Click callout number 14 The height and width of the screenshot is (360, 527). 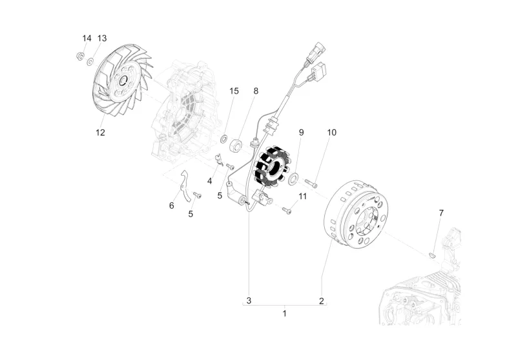[87, 38]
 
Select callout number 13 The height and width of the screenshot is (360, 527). [102, 38]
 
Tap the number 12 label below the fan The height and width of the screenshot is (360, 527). [100, 133]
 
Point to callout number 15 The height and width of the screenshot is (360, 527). [234, 91]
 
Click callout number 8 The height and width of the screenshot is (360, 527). [255, 91]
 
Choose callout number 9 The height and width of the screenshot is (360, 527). [301, 132]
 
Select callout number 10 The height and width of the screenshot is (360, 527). [331, 132]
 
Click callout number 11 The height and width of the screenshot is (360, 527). [302, 196]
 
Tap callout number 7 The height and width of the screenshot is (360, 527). [441, 213]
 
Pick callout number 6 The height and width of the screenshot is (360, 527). [172, 206]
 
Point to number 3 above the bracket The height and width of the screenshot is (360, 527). [248, 301]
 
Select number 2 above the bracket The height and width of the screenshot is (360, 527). [321, 301]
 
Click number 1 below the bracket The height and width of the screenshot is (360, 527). [284, 314]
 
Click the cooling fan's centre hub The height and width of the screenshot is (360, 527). [121, 82]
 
